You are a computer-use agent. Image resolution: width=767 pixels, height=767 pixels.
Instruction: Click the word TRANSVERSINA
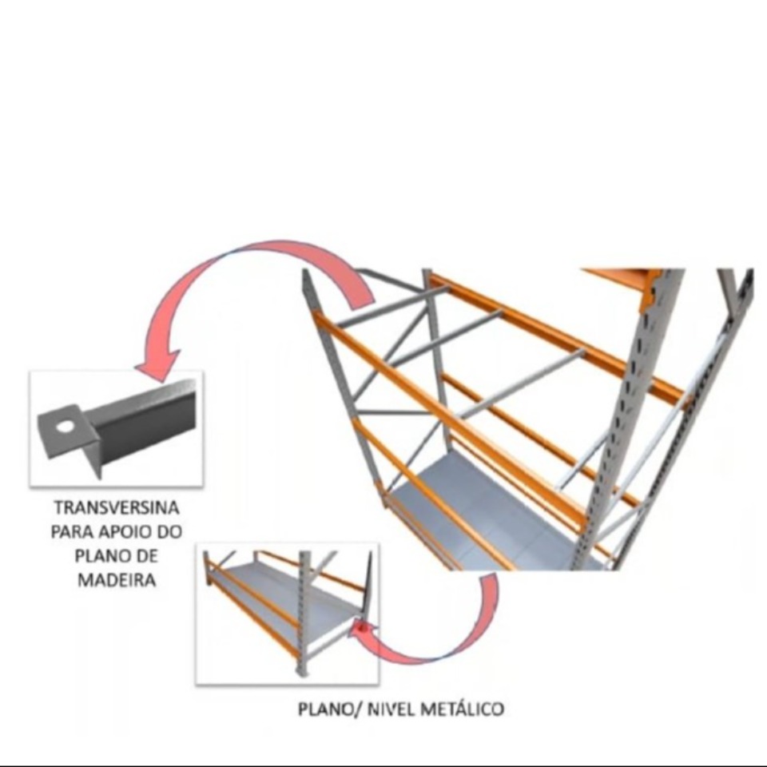117,508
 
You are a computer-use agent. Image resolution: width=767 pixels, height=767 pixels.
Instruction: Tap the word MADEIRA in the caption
117,580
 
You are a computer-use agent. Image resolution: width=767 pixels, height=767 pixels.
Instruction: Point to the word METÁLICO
462,709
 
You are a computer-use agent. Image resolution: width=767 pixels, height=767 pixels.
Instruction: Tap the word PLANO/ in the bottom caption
330,709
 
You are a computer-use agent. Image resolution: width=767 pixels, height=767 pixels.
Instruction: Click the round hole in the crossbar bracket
63,427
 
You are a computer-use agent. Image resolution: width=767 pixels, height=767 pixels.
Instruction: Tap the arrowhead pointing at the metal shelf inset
361,630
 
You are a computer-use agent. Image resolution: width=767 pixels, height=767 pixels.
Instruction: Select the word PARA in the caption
72,532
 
